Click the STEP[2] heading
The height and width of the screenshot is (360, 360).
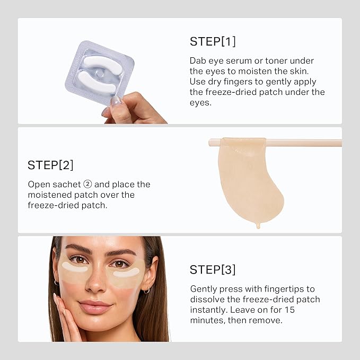coord(50,165)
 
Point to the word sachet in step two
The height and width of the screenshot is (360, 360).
coord(65,185)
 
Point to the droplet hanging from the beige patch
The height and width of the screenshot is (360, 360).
coord(258,225)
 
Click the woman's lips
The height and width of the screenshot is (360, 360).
coord(95,307)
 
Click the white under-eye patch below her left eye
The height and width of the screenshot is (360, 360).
coord(126,273)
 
